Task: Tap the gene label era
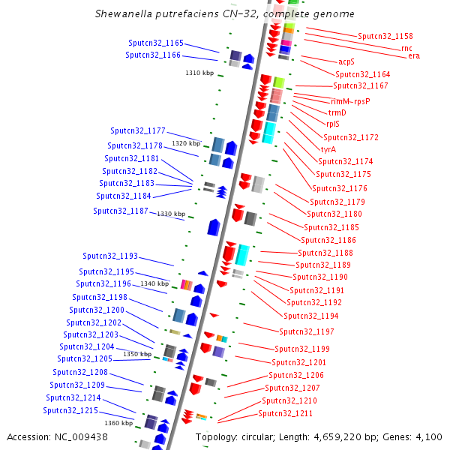pyautogui.click(x=414, y=56)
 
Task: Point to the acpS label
pyautogui.click(x=346, y=61)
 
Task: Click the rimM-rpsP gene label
pyautogui.click(x=350, y=100)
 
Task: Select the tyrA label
pyautogui.click(x=328, y=149)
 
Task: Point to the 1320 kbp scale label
pyautogui.click(x=186, y=143)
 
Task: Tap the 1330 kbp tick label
pyautogui.click(x=170, y=214)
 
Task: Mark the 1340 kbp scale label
pyautogui.click(x=154, y=283)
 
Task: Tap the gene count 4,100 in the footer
pyautogui.click(x=429, y=437)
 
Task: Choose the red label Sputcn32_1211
pyautogui.click(x=286, y=413)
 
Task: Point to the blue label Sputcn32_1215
pyautogui.click(x=70, y=410)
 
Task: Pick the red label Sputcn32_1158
pyautogui.click(x=385, y=36)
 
